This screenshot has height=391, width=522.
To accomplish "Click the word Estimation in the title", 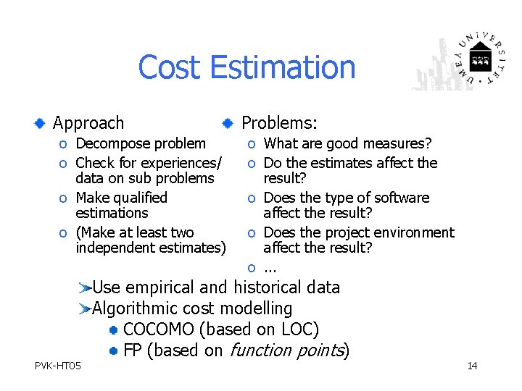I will [282, 67].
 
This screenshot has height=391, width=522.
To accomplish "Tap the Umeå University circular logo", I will [479, 57].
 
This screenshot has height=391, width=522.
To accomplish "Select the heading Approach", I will [88, 124].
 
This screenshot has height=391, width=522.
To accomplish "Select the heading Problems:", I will [279, 124].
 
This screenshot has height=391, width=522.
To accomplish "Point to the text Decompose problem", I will [141, 144].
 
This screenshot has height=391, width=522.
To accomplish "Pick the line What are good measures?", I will [347, 144].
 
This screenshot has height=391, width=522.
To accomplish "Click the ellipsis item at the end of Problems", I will [271, 268].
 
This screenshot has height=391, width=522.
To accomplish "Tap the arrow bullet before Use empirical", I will [85, 288].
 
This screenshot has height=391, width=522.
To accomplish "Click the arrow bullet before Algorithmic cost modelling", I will [85, 309].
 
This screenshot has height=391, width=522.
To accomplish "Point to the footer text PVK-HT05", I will [58, 366].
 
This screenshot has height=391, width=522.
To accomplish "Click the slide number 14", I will [472, 366].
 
